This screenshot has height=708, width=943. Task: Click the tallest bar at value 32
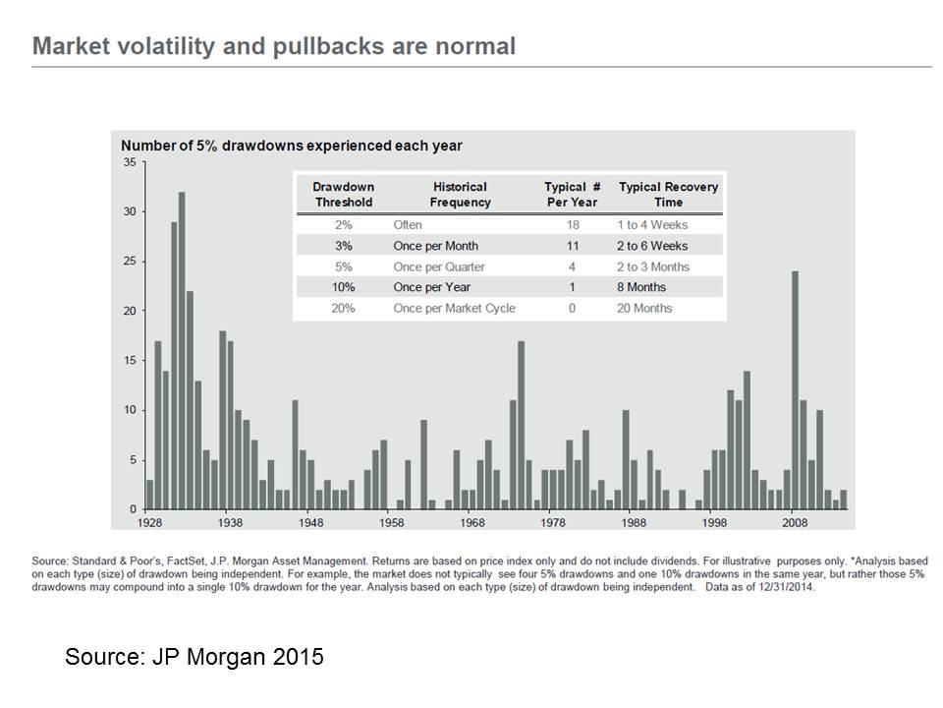pos(182,350)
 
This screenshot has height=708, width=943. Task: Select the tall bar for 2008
pos(795,390)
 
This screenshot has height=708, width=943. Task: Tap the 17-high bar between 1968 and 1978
pos(521,425)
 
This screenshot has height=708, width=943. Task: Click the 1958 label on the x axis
pos(392,522)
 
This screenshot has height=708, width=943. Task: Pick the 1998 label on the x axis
pos(714,522)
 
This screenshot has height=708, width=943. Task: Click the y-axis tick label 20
pos(130,311)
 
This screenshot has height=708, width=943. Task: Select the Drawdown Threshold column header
pos(344,195)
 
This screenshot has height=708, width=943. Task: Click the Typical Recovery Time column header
pos(668,195)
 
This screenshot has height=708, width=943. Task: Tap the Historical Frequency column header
pos(460,195)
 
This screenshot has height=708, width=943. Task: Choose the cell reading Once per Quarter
pos(439,266)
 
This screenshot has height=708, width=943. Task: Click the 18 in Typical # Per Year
pos(573,224)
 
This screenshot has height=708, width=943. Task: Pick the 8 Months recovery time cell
pos(641,287)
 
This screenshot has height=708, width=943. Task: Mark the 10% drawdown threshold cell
pos(344,287)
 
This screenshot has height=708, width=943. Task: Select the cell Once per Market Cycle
pos(454,308)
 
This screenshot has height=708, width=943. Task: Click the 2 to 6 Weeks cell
pos(652,246)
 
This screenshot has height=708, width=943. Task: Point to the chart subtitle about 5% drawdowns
pos(292,146)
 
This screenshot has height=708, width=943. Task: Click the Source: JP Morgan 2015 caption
pos(194,656)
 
